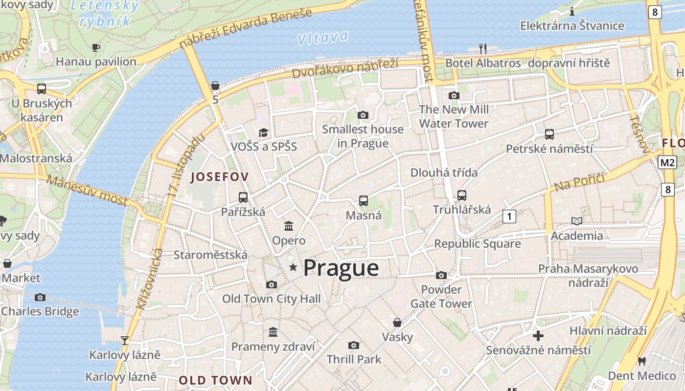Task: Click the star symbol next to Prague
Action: [293, 267]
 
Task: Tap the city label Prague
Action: [341, 268]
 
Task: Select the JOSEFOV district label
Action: [220, 177]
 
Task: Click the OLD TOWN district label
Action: [215, 380]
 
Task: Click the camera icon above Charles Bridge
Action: [40, 297]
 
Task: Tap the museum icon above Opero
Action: [289, 226]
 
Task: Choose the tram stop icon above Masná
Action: [363, 200]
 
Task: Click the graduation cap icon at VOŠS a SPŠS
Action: [264, 132]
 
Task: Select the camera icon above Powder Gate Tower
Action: [441, 275]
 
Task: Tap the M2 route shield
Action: [667, 162]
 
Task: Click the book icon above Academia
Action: [577, 221]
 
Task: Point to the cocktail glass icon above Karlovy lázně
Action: [125, 340]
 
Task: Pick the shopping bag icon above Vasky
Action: [397, 323]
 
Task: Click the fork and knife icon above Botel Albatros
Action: [483, 48]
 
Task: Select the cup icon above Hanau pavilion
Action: [96, 47]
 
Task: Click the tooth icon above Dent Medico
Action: [642, 362]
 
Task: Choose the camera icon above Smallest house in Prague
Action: [363, 115]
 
